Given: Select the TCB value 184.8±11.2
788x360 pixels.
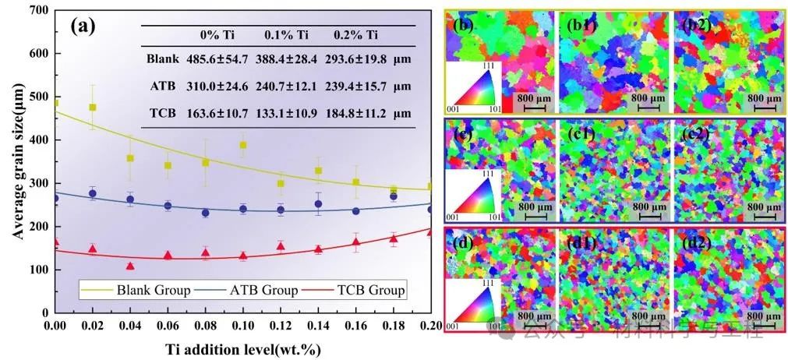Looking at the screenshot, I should (355, 114).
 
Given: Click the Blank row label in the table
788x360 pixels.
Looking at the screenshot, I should (162, 59).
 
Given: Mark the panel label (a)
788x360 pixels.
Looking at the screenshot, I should (83, 26).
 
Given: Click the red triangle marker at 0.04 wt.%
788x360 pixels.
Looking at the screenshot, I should (130, 266).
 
